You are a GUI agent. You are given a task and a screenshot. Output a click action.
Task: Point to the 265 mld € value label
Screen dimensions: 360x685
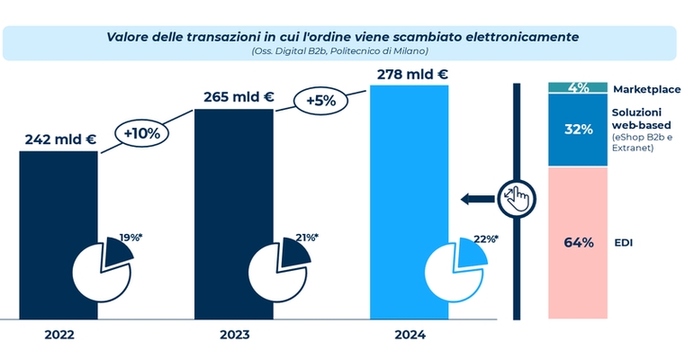coord(237,97)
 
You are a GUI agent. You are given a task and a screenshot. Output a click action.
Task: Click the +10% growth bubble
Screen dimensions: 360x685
coord(142,134)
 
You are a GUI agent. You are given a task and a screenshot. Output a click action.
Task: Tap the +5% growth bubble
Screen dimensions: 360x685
coord(320,101)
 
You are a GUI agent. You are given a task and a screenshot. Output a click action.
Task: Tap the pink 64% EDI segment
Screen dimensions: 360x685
coord(578,242)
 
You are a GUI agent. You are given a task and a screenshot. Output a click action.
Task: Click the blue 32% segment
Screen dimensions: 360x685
coord(578,129)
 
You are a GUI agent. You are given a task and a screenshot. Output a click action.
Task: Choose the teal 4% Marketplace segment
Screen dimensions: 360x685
coord(578,87)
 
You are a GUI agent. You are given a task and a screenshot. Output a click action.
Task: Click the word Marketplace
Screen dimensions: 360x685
coord(646,89)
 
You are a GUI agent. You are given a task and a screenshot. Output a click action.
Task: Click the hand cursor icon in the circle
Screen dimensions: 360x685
coord(518,194)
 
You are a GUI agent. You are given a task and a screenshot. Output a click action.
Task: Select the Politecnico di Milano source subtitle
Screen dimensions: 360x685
coord(340,51)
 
